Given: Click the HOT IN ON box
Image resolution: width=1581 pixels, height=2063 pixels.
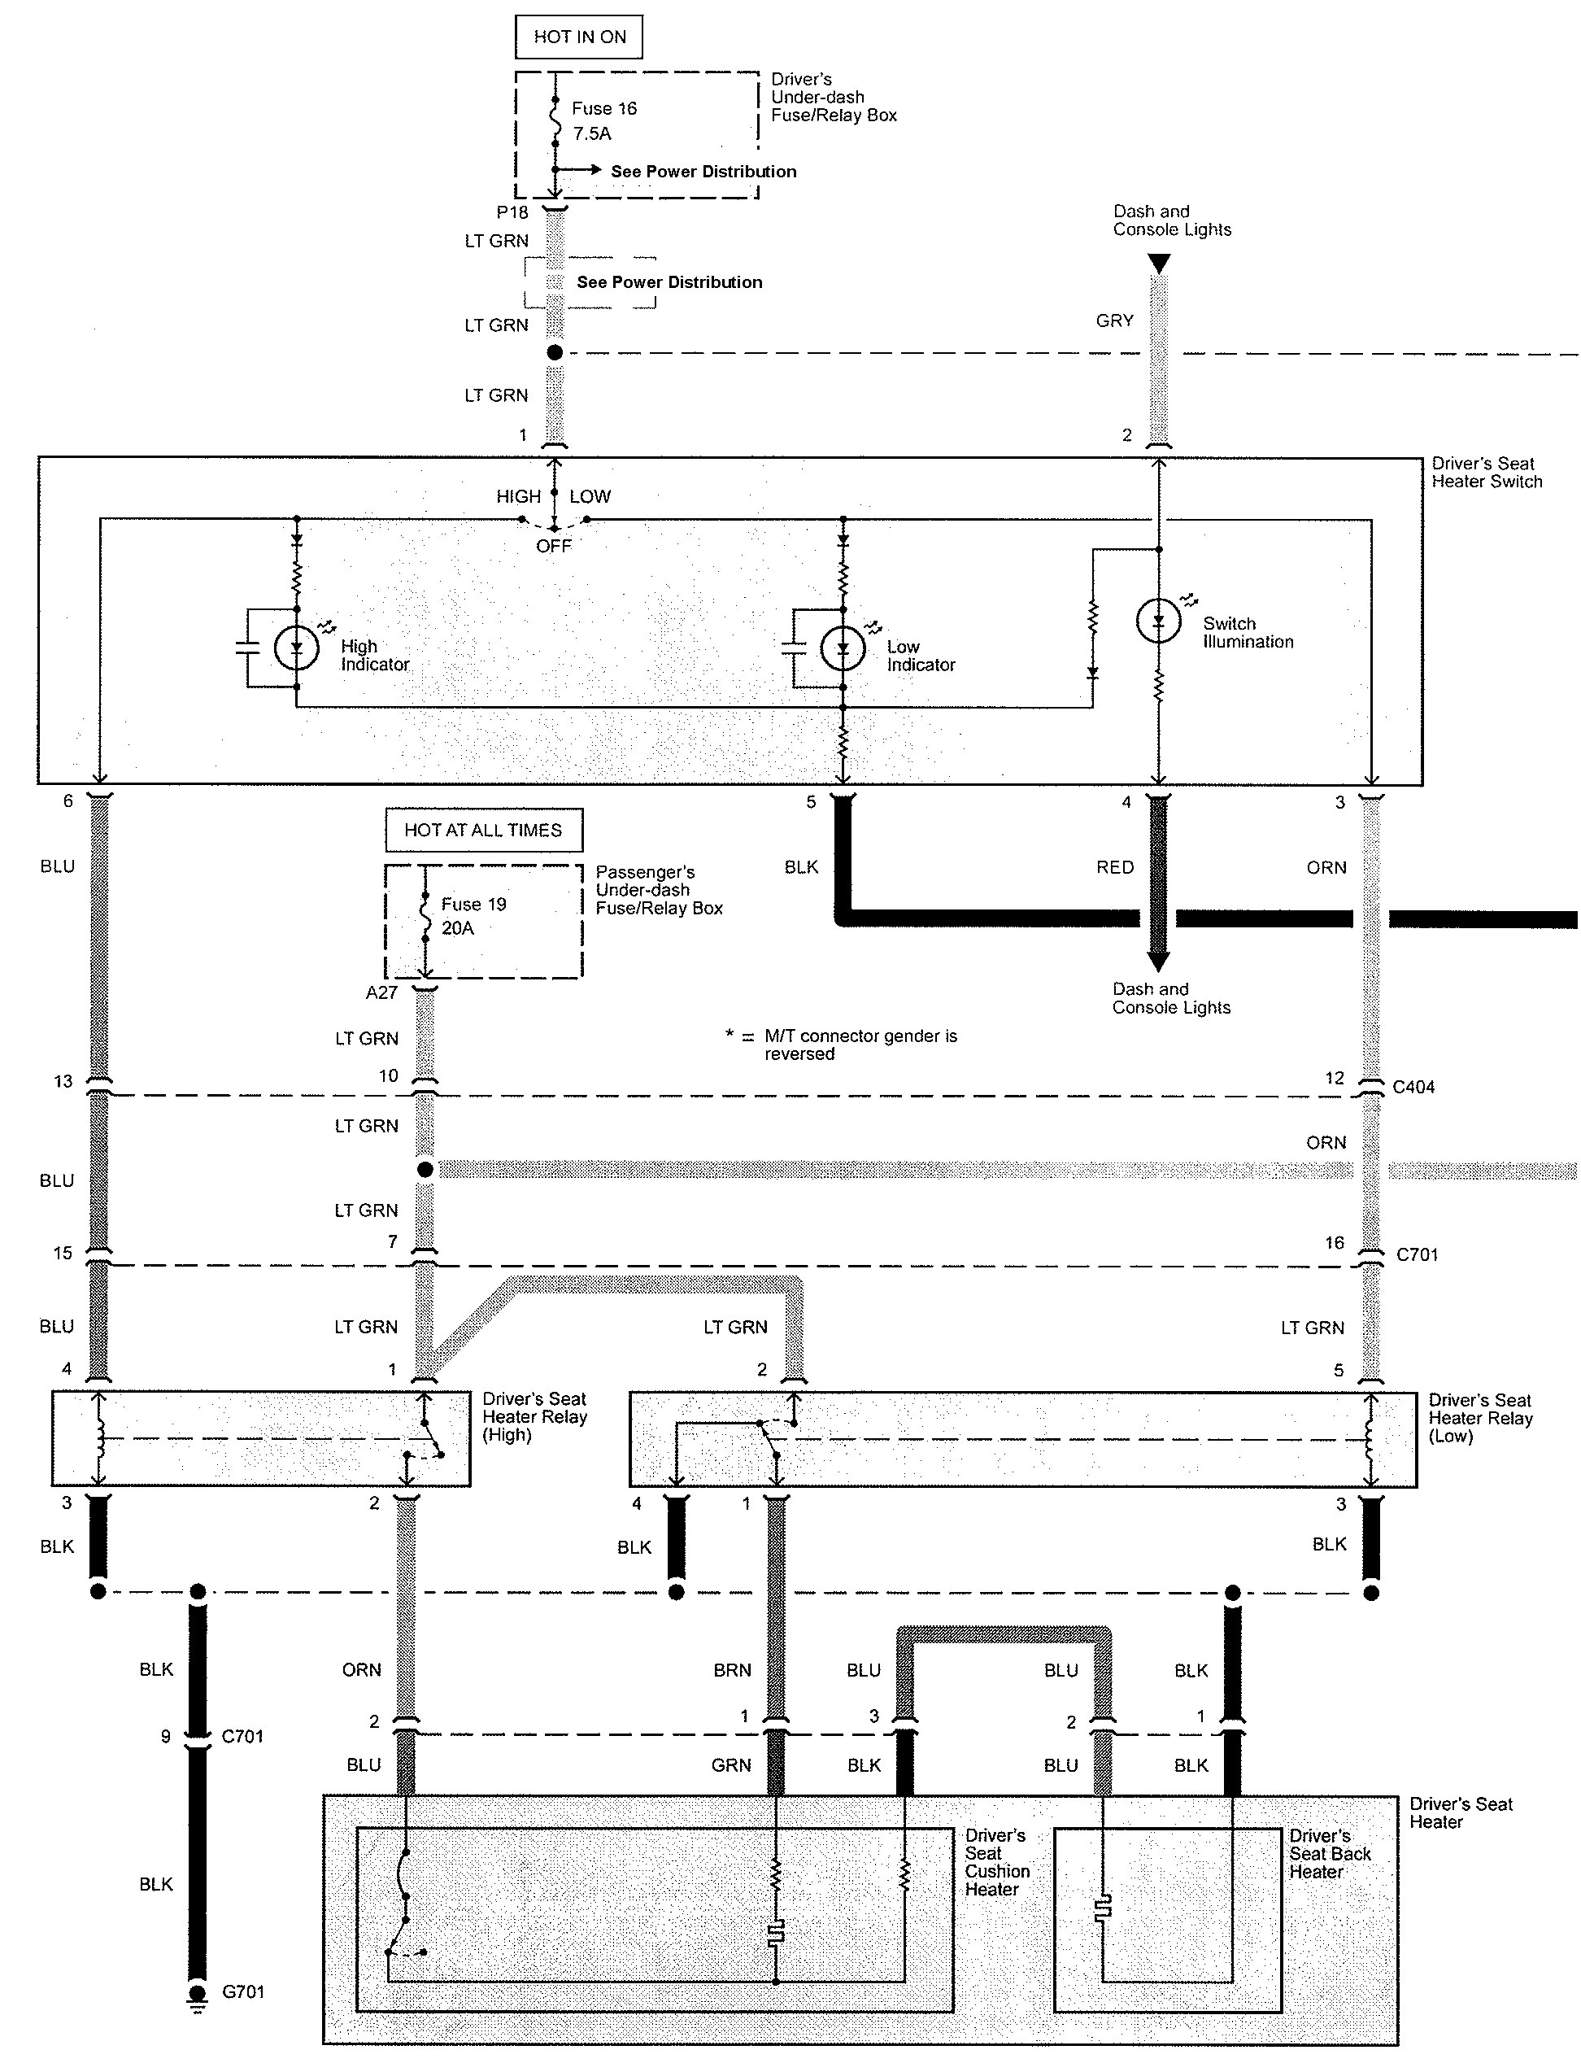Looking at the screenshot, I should coord(579,37).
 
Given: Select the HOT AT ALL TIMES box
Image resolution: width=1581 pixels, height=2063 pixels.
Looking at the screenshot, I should coord(483,830).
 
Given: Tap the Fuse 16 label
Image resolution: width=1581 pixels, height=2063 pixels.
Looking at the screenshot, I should coord(604,109).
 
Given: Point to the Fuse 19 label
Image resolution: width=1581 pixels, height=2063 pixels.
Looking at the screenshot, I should coord(473,905).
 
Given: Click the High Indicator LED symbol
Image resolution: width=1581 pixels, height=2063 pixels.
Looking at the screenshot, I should coord(296,648).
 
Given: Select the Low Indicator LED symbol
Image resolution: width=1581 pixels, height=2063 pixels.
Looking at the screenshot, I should coord(843,648).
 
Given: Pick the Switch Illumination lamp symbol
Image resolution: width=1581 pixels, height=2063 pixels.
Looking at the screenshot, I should coord(1158,622).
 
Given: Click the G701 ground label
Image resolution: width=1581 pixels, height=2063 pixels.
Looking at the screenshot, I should coord(243,1992).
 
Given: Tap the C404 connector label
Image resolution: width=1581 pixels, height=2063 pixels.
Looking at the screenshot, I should coord(1413,1087).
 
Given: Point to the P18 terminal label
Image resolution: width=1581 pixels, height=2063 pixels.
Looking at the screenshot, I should coord(512,212).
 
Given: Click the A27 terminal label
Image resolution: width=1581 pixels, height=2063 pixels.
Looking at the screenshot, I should coord(382,993).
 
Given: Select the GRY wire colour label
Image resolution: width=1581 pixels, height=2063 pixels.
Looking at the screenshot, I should coord(1114,321).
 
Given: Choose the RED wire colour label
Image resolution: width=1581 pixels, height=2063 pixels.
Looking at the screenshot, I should coord(1114,867).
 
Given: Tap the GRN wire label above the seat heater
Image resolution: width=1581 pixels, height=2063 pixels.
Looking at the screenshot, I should coord(731,1765).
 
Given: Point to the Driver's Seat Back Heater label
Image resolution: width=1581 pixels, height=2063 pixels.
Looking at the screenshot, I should coord(1330,1853).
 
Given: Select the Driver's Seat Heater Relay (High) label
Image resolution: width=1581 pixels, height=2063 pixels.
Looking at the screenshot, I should coord(534,1416).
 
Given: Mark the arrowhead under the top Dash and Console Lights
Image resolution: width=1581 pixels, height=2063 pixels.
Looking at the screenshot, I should coord(1160,264).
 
